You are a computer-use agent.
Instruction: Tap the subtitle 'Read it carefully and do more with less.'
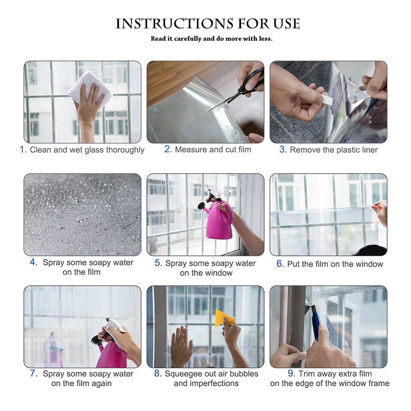211,39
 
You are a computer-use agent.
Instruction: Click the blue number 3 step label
283,149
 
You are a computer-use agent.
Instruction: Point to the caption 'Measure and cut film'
213,149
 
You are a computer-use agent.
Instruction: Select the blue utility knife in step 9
316,324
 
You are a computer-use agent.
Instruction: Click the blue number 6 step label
280,264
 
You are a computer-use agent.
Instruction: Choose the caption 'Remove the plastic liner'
334,150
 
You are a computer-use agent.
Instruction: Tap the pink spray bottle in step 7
110,353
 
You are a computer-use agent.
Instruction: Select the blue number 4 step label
34,262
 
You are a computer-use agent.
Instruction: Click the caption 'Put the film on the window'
335,264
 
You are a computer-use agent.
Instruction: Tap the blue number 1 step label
23,149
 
